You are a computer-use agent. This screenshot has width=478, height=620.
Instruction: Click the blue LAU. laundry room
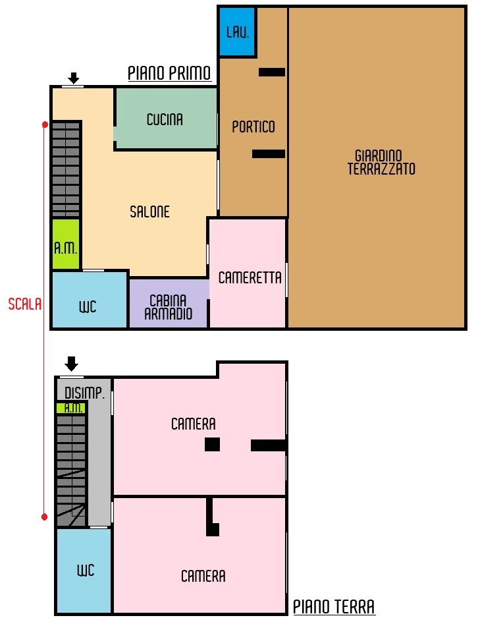click(x=236, y=32)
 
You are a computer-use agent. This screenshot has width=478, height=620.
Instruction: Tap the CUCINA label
click(x=165, y=119)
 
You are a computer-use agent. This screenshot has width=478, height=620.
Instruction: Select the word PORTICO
click(x=253, y=127)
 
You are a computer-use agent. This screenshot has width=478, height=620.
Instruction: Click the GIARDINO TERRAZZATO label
click(x=381, y=162)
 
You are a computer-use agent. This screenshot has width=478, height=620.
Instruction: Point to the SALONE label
click(x=149, y=212)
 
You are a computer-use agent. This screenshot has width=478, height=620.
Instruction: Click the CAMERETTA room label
click(x=250, y=277)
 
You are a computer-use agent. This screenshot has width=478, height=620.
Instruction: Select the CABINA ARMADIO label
click(x=169, y=307)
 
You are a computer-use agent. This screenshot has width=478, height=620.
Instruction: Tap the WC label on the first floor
click(x=88, y=307)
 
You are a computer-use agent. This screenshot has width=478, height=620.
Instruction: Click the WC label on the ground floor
click(x=86, y=570)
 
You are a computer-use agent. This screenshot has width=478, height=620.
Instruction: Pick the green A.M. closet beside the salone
click(x=66, y=244)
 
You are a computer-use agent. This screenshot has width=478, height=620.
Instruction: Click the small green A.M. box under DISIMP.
click(x=71, y=408)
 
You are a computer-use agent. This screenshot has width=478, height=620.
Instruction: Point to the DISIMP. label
click(x=84, y=393)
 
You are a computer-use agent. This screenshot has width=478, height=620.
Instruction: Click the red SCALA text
click(x=25, y=304)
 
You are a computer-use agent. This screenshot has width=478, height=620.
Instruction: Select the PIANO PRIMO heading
click(x=169, y=73)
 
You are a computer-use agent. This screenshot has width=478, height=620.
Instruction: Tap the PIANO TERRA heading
click(x=334, y=607)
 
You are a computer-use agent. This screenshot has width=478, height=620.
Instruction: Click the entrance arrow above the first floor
click(x=74, y=78)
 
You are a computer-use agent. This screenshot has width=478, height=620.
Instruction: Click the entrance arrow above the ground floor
click(x=72, y=364)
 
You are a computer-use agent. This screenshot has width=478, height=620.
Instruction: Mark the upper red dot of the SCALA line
click(x=45, y=125)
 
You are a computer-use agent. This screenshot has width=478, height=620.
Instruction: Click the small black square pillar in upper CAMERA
click(x=212, y=445)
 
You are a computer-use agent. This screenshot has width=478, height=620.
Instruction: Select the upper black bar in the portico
click(x=272, y=72)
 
